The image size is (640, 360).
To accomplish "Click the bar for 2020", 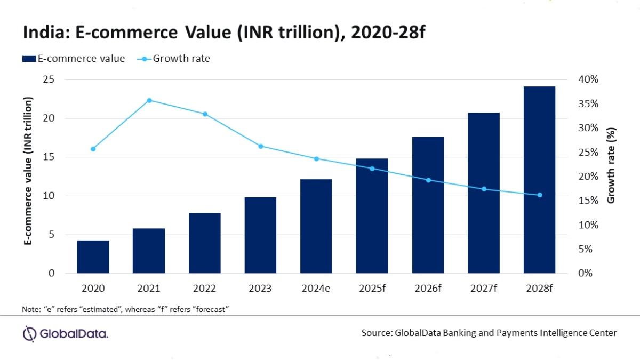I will coord(93,257).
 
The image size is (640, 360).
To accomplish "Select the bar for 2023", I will coord(260,235).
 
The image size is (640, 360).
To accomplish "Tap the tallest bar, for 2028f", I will coord(539,180).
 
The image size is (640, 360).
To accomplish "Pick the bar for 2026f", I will coord(428,205).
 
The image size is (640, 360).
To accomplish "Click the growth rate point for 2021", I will coord(149,100).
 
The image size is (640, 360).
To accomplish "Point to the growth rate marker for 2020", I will coord(93,149).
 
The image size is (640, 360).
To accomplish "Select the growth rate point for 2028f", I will coord(539,195).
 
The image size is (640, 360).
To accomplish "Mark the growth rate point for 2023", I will coord(261,146).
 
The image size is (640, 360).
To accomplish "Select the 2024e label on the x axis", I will coord(316,289).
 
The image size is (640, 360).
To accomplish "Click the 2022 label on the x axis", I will coord(205,289).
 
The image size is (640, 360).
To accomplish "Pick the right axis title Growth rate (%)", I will coord(611,165).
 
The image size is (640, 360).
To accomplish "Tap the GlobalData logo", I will coord(65,334).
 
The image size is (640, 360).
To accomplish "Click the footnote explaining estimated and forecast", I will coord(126,309).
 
